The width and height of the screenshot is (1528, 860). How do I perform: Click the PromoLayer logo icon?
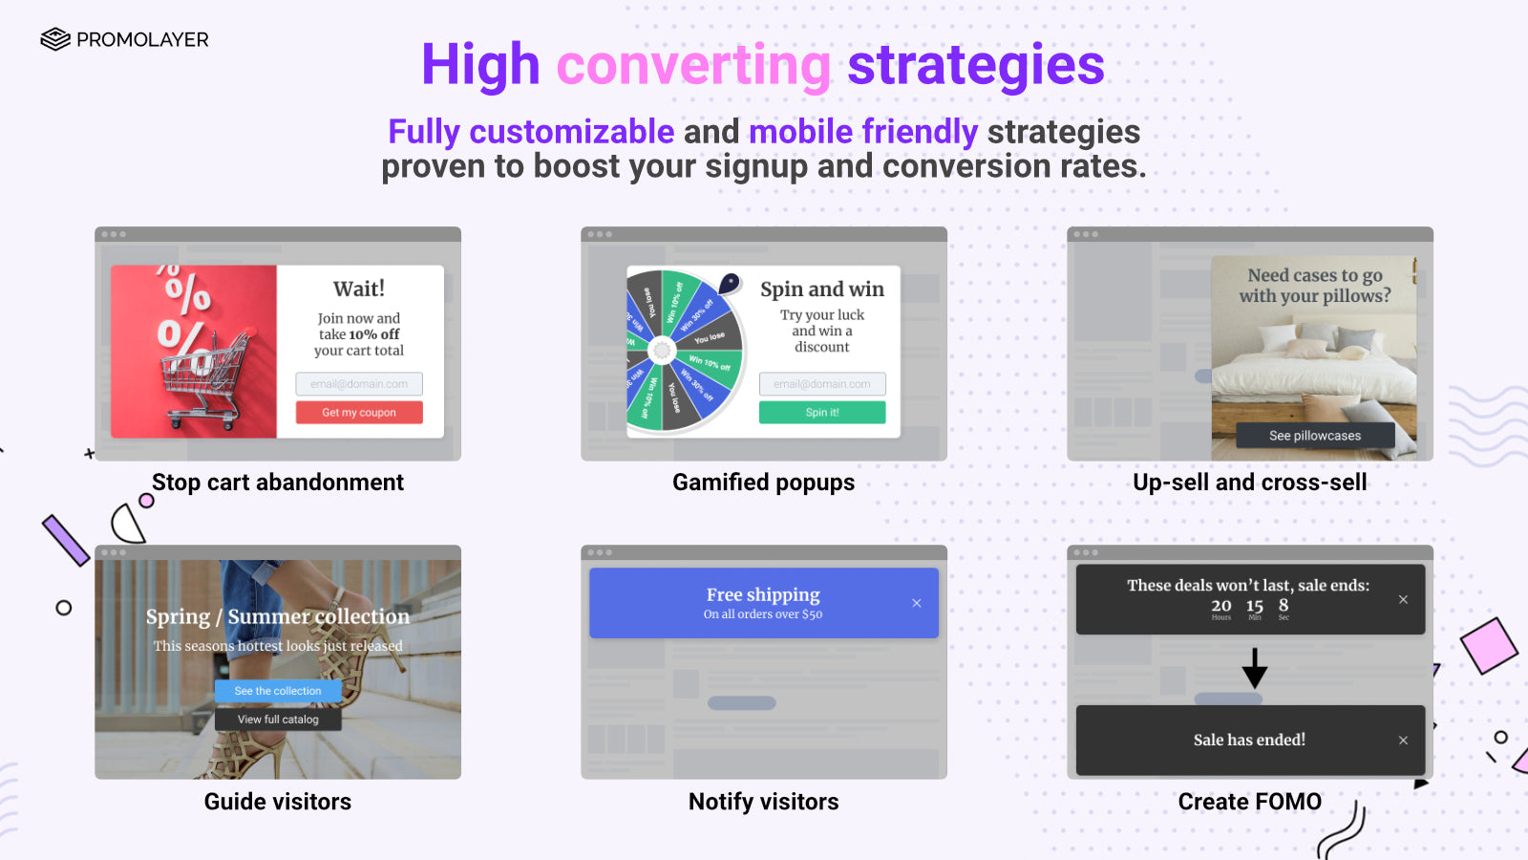[x=55, y=39]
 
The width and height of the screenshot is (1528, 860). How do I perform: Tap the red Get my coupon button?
[x=359, y=412]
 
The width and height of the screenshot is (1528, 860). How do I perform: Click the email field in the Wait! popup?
[x=359, y=384]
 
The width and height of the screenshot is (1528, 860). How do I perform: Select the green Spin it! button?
[x=822, y=412]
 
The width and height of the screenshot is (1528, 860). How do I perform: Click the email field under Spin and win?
[x=822, y=384]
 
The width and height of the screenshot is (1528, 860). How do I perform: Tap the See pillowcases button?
[x=1315, y=436]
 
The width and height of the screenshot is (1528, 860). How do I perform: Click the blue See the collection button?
[x=278, y=691]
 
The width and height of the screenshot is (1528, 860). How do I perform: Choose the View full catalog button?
[x=278, y=720]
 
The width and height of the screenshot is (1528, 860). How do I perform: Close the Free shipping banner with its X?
[x=917, y=603]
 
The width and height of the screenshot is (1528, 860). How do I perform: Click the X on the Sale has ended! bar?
[x=1403, y=741]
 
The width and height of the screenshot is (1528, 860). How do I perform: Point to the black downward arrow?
[x=1255, y=668]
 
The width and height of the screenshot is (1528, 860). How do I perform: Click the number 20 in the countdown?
[x=1221, y=606]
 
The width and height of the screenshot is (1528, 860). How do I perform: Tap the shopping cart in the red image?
[x=202, y=377]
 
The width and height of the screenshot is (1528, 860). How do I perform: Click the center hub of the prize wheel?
[x=661, y=351]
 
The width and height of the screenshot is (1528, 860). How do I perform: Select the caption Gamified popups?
[x=763, y=483]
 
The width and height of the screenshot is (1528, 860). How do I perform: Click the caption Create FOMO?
[x=1249, y=802]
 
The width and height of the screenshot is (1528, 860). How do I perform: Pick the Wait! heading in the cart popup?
[x=359, y=289]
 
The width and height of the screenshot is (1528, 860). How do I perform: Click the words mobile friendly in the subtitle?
[x=862, y=132]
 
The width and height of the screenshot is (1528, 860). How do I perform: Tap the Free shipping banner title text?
[x=763, y=594]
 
